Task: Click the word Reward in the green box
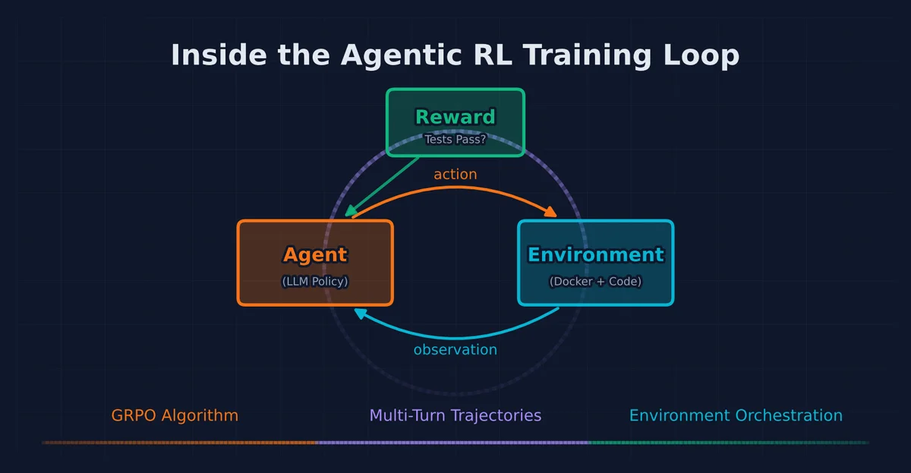[x=455, y=117]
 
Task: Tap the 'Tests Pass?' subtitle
[x=455, y=140]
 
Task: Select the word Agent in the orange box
[x=315, y=254]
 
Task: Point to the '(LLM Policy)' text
[x=315, y=282]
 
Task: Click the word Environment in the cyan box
[x=595, y=254]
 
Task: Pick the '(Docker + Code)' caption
[x=595, y=282]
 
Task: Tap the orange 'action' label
[x=455, y=175]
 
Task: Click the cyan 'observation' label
[x=455, y=350]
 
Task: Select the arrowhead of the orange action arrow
[x=551, y=213]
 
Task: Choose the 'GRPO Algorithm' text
[x=175, y=416]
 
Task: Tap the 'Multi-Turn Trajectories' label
[x=455, y=416]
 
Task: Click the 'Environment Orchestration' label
[x=736, y=416]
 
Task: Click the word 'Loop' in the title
[x=699, y=56]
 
